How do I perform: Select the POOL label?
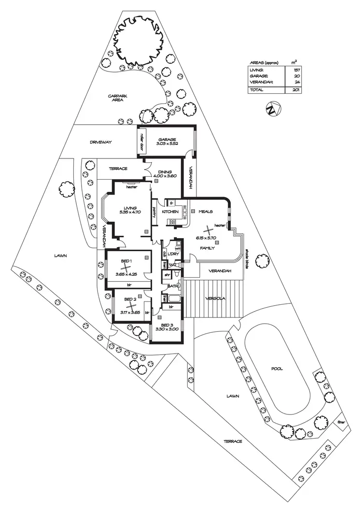(277, 369)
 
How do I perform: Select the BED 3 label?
(167, 325)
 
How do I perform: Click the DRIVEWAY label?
(100, 142)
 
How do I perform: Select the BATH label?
(172, 286)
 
